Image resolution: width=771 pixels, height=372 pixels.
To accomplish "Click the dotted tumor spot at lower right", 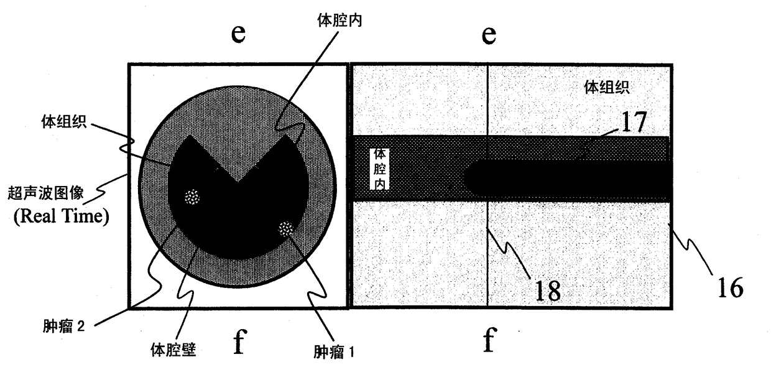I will (x=286, y=228).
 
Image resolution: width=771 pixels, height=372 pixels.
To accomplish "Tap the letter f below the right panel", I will (x=489, y=342).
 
